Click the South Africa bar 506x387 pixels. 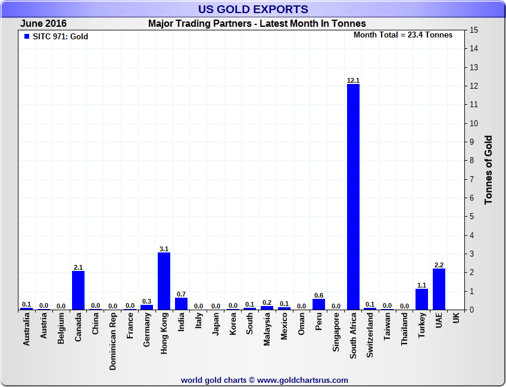[x=353, y=196]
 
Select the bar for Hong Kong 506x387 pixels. [x=164, y=281]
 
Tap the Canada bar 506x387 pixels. [x=78, y=290]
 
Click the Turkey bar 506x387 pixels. [x=421, y=299]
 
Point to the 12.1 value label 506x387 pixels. [x=353, y=80]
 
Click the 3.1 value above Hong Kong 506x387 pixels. [x=164, y=249]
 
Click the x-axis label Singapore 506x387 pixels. [x=336, y=335]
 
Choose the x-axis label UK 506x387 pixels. [x=456, y=319]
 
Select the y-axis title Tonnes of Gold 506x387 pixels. [x=488, y=170]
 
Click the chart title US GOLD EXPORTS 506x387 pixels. [x=253, y=9]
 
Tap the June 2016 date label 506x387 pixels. [x=43, y=24]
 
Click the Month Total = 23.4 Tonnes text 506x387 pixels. [x=403, y=35]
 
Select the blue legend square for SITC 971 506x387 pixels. [x=26, y=36]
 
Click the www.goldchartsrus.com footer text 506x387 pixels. [x=303, y=380]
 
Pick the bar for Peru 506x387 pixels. [x=318, y=304]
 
